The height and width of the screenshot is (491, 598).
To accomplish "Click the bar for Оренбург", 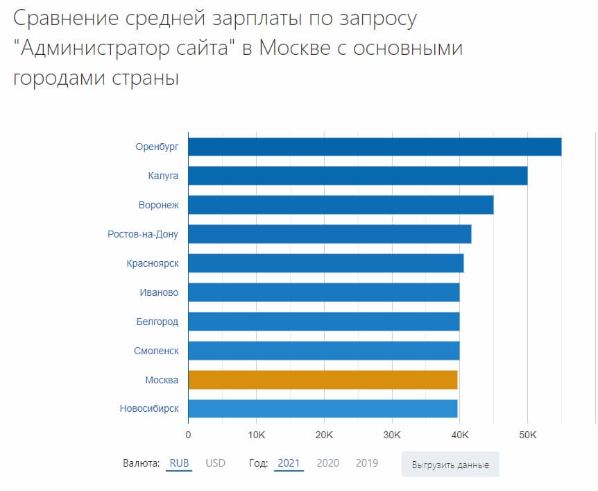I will coord(375,147).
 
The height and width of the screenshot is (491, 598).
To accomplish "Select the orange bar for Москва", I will coord(323,380).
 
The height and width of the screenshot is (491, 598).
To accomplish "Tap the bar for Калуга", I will coord(357,176).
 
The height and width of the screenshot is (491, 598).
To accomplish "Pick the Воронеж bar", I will coord(341,205).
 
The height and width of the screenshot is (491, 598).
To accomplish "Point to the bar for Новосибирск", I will coord(323,408).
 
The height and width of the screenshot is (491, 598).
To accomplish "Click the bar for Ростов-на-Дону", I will coord(330,234).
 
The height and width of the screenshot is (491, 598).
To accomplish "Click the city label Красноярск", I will coord(153,263).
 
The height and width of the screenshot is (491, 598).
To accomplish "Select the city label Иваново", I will coord(159,292).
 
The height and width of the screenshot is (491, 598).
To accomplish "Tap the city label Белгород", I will coord(157,322).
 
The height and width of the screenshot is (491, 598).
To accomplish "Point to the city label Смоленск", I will coord(156,351).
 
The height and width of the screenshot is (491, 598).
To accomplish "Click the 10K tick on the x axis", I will coord(256,435).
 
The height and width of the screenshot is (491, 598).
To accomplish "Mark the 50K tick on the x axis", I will coord(527,435).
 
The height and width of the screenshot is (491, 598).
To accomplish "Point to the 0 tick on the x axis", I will coord(188,435).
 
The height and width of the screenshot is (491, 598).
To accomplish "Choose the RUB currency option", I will coord(179,463).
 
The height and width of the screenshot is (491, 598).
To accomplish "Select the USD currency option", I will coord(215,463).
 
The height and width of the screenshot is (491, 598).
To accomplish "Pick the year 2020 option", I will coord(327,463).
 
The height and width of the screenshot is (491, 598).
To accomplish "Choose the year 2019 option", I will coord(366,463).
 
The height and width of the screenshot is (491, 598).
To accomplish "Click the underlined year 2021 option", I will coord(289,463).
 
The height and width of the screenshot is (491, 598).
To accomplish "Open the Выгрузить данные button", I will coord(450,465).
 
